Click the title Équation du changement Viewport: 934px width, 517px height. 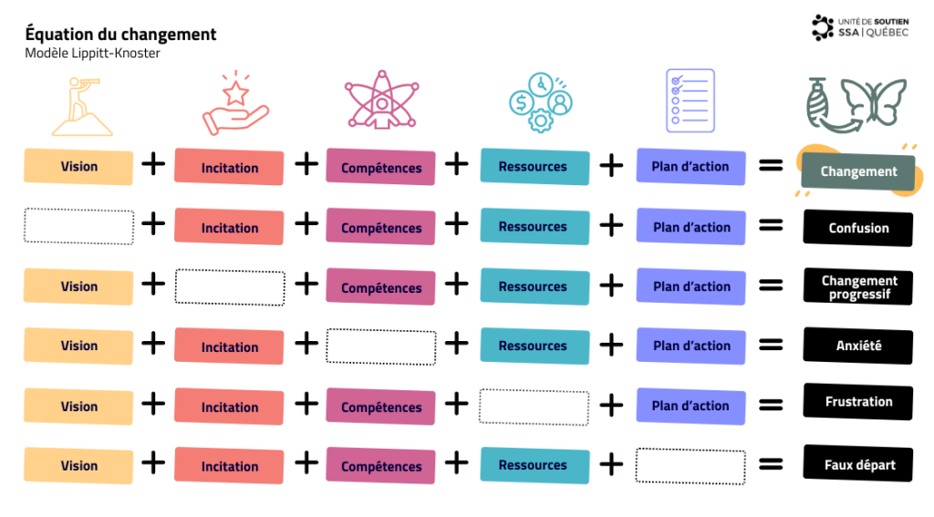tap(121, 35)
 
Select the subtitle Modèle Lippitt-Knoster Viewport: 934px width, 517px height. tap(93, 53)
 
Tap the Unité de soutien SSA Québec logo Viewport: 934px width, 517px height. tap(860, 27)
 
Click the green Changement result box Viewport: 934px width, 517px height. tap(857, 171)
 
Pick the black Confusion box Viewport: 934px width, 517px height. tap(857, 228)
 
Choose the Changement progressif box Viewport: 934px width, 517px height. tap(857, 287)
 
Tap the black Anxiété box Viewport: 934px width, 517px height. tap(857, 346)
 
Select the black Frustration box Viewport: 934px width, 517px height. tap(857, 402)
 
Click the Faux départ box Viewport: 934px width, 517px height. tap(857, 465)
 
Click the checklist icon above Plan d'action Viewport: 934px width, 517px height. tap(690, 100)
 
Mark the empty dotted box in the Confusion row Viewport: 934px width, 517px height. tap(78, 226)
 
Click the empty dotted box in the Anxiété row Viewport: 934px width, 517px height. tap(381, 346)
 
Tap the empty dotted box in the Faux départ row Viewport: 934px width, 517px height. tap(690, 465)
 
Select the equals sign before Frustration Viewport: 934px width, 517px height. tap(772, 404)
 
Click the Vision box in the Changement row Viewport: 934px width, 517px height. tap(78, 167)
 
